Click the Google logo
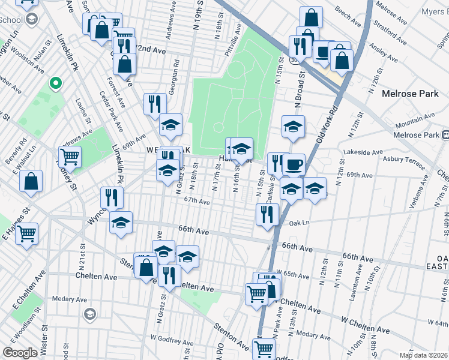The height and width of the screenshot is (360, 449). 20,353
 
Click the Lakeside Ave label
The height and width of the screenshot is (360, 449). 366,153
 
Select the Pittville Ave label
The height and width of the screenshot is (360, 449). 239,38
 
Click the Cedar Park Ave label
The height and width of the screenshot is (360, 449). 112,112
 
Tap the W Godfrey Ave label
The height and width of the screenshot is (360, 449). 171,339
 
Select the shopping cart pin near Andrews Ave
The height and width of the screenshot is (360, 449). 71,157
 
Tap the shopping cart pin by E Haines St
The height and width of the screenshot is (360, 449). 26,233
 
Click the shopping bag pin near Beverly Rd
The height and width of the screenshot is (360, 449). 31,181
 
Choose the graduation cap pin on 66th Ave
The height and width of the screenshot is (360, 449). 121,223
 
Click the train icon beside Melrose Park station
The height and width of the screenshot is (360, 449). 445,136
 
